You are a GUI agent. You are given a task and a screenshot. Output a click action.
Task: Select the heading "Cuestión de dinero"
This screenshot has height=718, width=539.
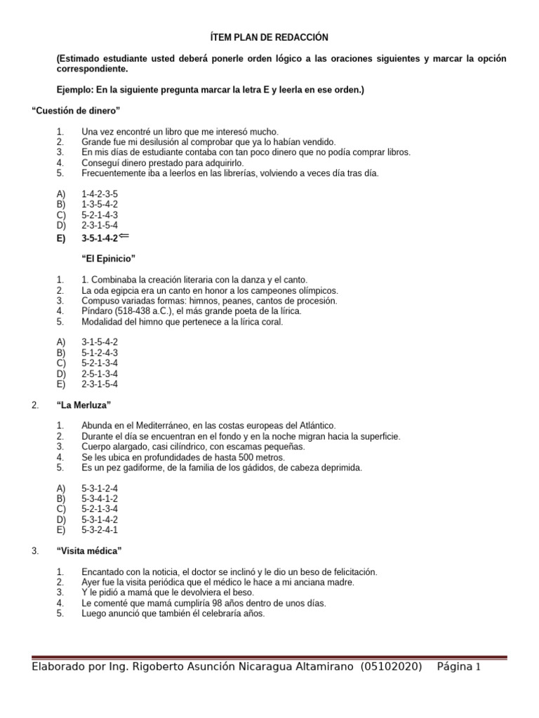[76, 110]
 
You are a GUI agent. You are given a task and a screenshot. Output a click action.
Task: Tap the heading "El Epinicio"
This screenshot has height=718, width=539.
[108, 258]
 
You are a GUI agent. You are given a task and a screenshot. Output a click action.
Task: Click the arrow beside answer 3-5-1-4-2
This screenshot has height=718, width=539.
[124, 236]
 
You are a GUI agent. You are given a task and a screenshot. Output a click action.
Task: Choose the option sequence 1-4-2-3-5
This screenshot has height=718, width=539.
[100, 194]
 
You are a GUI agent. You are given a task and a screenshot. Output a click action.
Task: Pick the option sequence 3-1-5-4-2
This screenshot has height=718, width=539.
[100, 341]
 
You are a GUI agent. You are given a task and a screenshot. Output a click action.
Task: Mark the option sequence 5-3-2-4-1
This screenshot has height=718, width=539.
[100, 530]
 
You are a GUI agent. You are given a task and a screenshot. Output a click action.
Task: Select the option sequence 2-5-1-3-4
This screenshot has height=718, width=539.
[100, 373]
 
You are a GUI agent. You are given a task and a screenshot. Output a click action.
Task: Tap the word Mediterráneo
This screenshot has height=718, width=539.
[150, 426]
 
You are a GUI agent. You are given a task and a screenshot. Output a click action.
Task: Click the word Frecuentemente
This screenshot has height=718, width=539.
[114, 173]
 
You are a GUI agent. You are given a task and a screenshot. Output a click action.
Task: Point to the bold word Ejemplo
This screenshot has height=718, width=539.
[76, 90]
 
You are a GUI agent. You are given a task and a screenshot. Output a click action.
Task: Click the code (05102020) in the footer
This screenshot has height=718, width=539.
[392, 667]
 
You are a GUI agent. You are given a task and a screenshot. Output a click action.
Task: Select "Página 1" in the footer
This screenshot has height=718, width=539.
[460, 667]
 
